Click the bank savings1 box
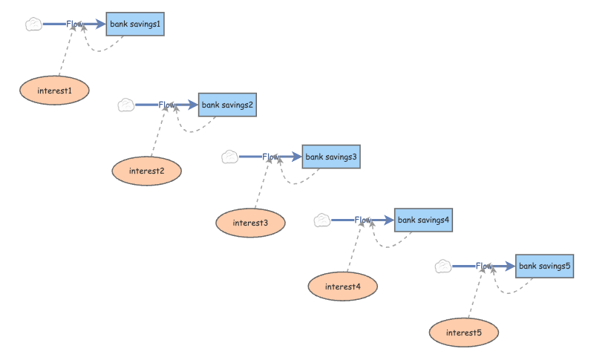coord(135,24)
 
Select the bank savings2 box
coord(227,105)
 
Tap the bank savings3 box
coord(331,157)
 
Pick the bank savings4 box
coord(423,220)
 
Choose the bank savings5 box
coord(544,266)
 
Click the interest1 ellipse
coord(54,91)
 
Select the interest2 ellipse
coord(146,171)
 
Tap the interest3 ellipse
coord(250,223)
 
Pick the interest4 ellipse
coord(343,287)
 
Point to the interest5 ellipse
coord(463,333)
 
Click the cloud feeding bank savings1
coord(33,24)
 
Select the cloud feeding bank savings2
coord(126,105)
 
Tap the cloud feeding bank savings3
coord(230,157)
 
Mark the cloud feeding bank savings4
coord(322,220)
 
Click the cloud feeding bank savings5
coord(443,266)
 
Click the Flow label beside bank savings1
coord(74,24)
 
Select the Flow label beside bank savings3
coord(270,157)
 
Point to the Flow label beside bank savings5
coord(484,266)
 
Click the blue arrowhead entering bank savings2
coord(193,105)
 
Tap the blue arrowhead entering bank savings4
coord(389,220)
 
